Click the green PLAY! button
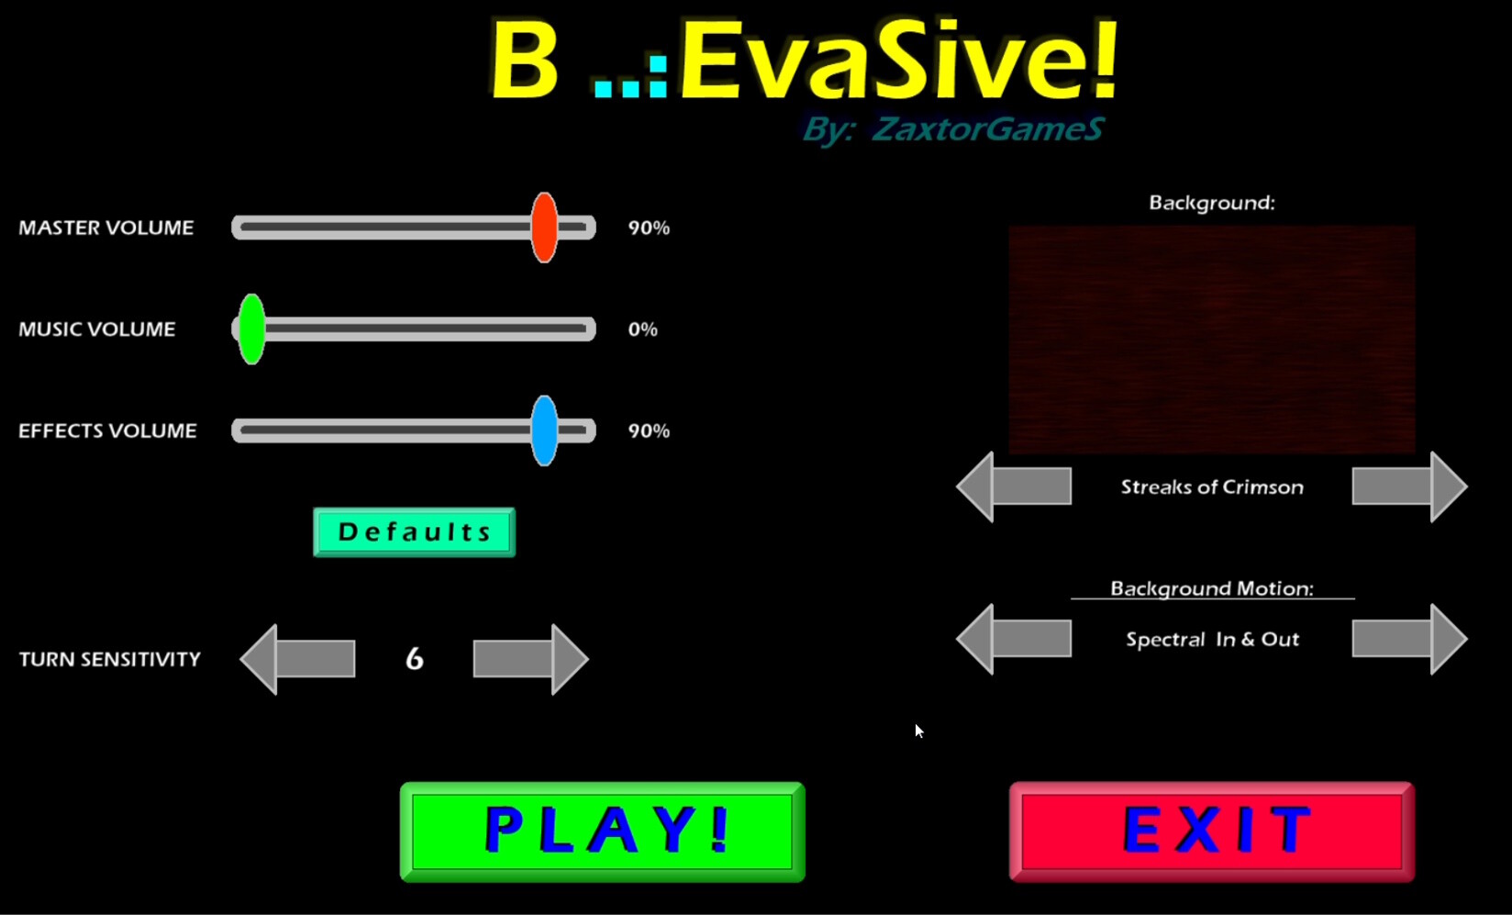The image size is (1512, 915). tap(602, 831)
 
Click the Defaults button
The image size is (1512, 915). tap(414, 532)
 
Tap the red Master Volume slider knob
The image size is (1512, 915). tap(544, 228)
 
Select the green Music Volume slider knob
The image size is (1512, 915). tap(251, 329)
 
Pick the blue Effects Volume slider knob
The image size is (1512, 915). tap(544, 430)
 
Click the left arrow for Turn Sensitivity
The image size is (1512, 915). tap(297, 659)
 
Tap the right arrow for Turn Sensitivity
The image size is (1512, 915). tap(530, 659)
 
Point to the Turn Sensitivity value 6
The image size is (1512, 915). tap(415, 659)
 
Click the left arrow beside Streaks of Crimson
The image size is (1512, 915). tap(1014, 486)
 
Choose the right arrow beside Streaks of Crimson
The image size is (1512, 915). tap(1409, 486)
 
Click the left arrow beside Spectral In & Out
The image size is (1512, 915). tap(1014, 639)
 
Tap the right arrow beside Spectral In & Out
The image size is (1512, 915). tap(1409, 639)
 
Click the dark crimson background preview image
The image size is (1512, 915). tap(1212, 340)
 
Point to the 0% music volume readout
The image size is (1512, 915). tap(642, 329)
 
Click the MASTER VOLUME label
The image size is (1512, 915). tap(106, 228)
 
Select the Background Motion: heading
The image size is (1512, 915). tap(1212, 588)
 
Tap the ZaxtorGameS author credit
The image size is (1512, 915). tap(986, 129)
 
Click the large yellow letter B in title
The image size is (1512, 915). tap(525, 61)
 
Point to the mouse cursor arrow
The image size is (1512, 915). tap(918, 731)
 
